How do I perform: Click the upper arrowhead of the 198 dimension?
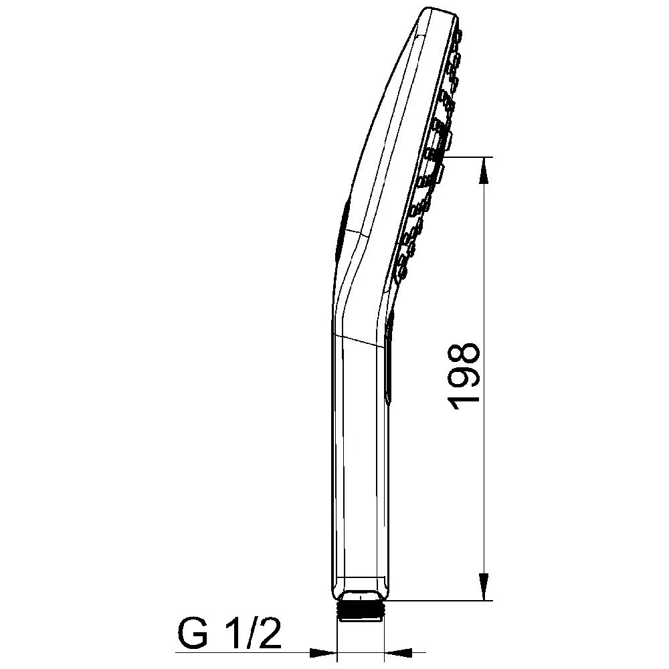pyautogui.click(x=484, y=171)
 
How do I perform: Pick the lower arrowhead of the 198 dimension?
pyautogui.click(x=484, y=587)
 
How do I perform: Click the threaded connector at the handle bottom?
pyautogui.click(x=360, y=609)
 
